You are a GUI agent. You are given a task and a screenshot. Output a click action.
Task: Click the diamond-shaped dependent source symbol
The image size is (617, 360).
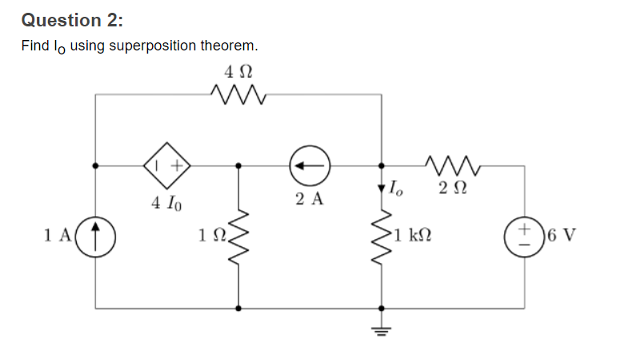[x=166, y=166]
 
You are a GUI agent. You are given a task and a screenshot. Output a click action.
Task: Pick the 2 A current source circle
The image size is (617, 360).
[x=310, y=166]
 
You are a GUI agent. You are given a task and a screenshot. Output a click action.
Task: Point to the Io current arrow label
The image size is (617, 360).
[x=396, y=190]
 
